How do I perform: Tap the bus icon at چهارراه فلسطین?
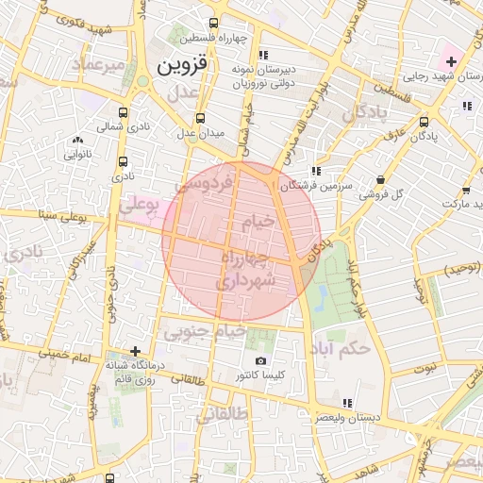coord(214,23)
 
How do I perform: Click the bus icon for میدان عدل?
coord(199,119)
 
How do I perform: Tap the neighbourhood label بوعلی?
coord(140,202)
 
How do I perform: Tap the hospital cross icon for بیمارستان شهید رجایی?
coord(452,62)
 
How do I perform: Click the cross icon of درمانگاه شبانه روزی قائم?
coord(136,351)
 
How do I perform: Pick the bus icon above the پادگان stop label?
coord(425,121)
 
